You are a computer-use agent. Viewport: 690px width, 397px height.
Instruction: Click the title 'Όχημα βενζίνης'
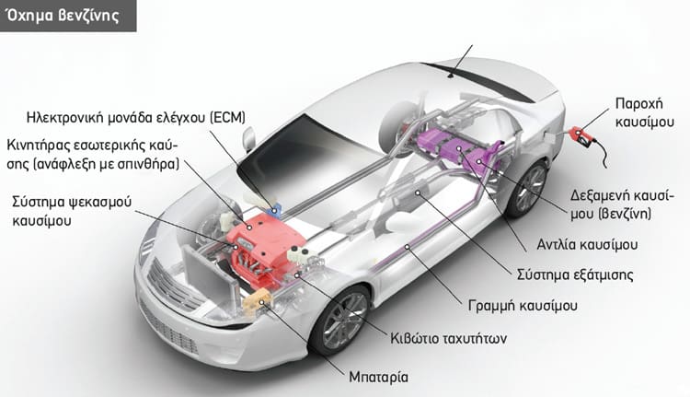click(x=63, y=15)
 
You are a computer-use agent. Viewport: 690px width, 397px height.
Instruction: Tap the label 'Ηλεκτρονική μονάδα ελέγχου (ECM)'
click(x=136, y=118)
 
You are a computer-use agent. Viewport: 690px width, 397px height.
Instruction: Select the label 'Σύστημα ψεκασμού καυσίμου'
click(x=72, y=211)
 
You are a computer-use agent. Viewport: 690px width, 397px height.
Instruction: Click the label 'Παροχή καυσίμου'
click(x=645, y=112)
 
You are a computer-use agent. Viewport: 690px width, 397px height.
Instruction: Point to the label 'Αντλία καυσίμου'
click(x=587, y=244)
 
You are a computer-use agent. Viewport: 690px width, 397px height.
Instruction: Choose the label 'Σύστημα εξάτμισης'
click(x=575, y=274)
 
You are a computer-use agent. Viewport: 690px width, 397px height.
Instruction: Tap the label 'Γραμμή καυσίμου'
click(x=523, y=306)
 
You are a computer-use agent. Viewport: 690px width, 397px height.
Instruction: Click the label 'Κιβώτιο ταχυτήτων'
click(x=448, y=338)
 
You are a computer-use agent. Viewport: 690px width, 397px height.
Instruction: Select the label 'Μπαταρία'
click(x=378, y=377)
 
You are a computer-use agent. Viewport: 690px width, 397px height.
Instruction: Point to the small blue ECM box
click(x=276, y=208)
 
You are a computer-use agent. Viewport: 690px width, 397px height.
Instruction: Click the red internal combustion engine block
click(x=264, y=249)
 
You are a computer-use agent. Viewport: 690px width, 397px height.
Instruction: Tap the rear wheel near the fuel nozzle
click(x=527, y=188)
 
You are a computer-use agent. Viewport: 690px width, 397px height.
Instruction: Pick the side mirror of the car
click(x=248, y=139)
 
